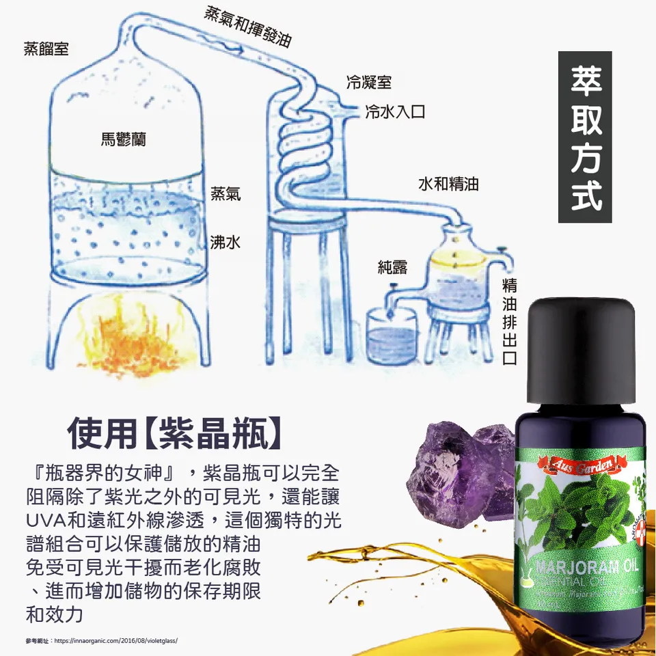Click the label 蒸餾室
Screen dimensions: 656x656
click(46, 49)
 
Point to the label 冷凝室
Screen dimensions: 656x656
click(369, 83)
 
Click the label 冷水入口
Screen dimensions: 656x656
click(395, 111)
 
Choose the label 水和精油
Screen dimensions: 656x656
click(448, 184)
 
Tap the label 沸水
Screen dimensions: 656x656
click(225, 242)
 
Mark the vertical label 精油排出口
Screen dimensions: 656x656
click(509, 321)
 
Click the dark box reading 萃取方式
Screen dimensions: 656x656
click(585, 137)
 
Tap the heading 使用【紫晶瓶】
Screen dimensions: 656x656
click(174, 433)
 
